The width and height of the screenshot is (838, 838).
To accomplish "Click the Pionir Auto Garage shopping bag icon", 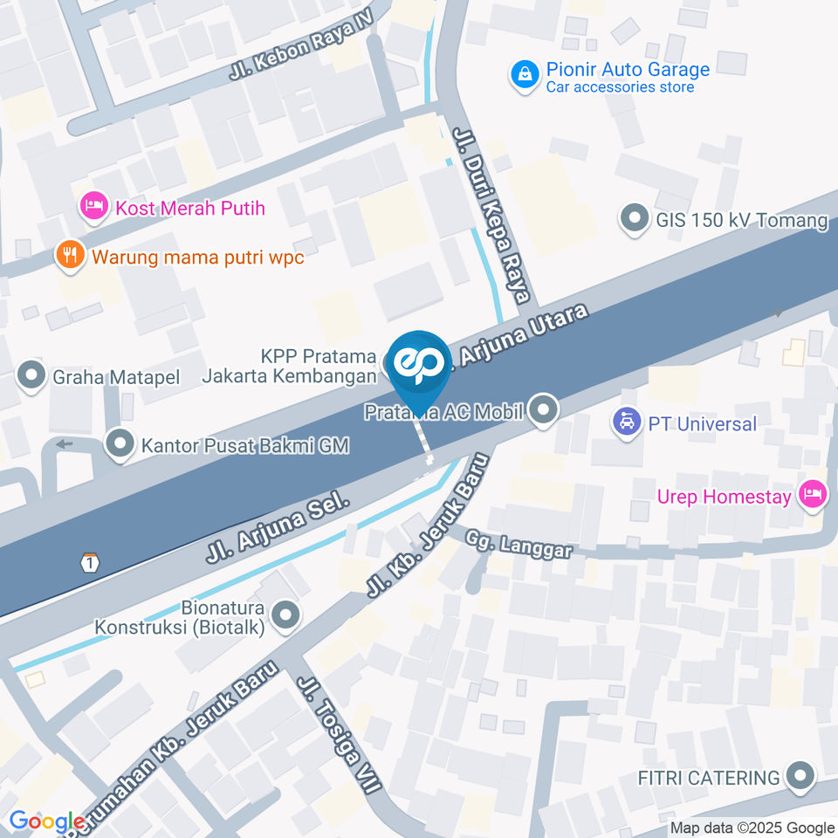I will (x=524, y=76).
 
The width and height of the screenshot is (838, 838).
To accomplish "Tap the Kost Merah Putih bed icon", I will (x=93, y=208).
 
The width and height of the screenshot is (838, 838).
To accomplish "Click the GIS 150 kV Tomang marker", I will (x=633, y=218).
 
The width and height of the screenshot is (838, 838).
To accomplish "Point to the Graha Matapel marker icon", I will (x=32, y=377).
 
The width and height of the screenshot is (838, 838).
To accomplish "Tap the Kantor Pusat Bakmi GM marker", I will (x=120, y=444).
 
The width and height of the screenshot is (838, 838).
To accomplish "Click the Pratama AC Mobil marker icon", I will (x=544, y=410).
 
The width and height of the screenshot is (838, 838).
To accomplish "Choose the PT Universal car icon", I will (x=626, y=423).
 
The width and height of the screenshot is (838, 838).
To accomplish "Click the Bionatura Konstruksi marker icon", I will (x=285, y=616).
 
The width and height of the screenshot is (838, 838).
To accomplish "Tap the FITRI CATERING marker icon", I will (x=800, y=776).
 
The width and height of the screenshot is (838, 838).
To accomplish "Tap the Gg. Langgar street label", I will (x=519, y=544).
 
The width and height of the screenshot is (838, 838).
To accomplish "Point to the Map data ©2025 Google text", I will (x=752, y=828).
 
